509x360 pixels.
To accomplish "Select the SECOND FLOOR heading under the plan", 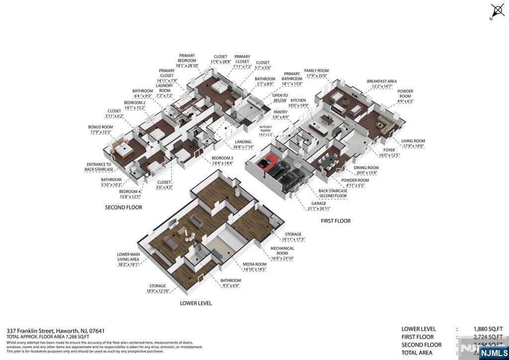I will coord(123,207).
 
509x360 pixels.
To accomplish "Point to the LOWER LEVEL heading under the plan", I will coord(195,303).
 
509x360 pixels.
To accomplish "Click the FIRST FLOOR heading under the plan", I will coord(336,221).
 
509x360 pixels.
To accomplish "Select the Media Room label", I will coord(254,267).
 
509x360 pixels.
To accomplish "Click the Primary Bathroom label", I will coord(292,76).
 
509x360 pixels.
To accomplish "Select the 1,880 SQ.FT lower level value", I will coord(488,329).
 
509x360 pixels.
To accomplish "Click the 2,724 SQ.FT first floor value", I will coord(488,337).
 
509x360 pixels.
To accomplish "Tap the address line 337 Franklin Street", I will coord(56,331).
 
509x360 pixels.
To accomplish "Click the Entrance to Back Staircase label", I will coord(98,167).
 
